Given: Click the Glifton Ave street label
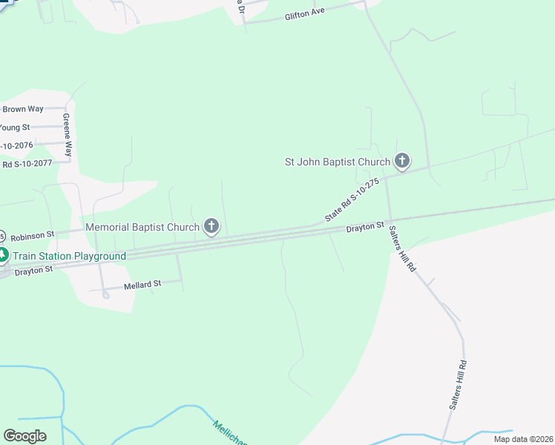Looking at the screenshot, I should point(306,14).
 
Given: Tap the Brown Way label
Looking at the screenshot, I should point(23,109).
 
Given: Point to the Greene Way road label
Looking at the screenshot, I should point(67,134).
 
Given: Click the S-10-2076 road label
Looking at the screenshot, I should point(16,145).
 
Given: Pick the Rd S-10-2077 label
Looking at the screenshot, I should point(27,164).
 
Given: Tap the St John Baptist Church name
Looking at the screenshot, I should point(338,162).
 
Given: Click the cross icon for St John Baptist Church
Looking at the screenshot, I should point(401,160).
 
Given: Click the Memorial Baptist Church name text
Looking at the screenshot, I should point(142,227).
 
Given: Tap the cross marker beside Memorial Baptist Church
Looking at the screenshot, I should point(211,226).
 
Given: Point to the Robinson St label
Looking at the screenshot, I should point(33,234).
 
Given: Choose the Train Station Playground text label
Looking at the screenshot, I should point(69,256).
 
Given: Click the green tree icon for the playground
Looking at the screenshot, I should point(3,256).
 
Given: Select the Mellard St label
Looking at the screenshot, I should point(142,285).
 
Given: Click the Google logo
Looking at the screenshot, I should point(24,436).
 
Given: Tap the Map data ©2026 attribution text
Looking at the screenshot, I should point(522,439).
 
